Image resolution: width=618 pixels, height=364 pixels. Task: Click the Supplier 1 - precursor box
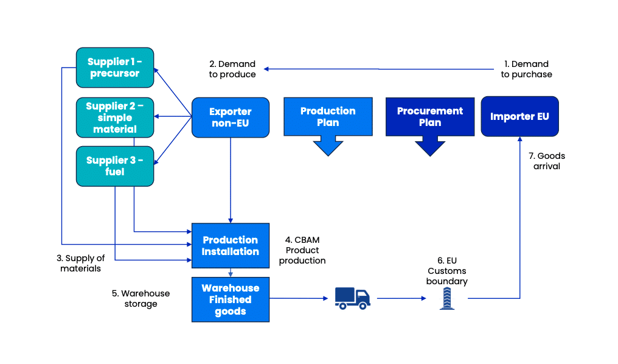coord(114,68)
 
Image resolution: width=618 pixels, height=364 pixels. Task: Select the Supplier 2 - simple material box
coord(114,117)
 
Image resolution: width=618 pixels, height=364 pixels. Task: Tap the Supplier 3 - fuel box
coord(114,166)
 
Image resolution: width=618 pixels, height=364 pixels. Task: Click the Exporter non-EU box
coord(230,117)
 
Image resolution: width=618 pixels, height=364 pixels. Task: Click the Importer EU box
coord(519,116)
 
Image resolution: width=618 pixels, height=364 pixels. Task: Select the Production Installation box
coord(230,245)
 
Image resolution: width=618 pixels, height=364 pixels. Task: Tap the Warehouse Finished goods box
coord(230,299)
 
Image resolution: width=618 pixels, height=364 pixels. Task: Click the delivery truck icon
coord(352,298)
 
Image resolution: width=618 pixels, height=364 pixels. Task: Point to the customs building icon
coord(447,298)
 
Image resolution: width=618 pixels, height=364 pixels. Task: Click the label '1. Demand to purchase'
coord(526,69)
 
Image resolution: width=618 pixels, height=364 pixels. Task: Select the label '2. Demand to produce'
coord(232,69)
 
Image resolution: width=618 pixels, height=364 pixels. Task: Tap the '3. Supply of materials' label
coord(81,263)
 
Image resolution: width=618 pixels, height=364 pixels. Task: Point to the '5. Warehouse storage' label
coord(141,298)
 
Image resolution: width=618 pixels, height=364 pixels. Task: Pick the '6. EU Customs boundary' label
coord(447,271)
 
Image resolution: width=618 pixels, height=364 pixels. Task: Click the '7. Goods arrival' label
coord(547,161)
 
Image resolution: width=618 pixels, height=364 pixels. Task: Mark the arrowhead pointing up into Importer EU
coord(520,140)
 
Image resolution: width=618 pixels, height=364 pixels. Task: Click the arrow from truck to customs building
coord(401,298)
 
